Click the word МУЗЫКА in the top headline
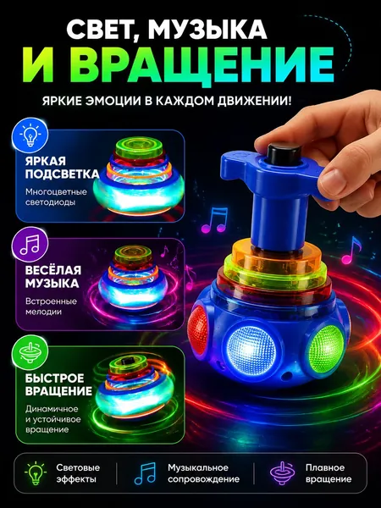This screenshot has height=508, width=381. [207, 30]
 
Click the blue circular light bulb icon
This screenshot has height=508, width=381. [30, 135]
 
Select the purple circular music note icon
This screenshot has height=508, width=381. [30, 244]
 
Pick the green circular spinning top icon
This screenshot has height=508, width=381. [30, 352]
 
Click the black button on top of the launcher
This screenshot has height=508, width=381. [284, 153]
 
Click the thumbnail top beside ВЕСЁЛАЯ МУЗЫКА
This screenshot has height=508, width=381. [134, 277]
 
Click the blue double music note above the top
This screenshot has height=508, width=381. [215, 221]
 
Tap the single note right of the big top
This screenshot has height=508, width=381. [351, 251]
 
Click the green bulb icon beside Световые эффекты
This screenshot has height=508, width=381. [36, 473]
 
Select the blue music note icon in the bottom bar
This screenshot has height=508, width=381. [145, 473]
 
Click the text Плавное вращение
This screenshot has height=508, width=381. [329, 473]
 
